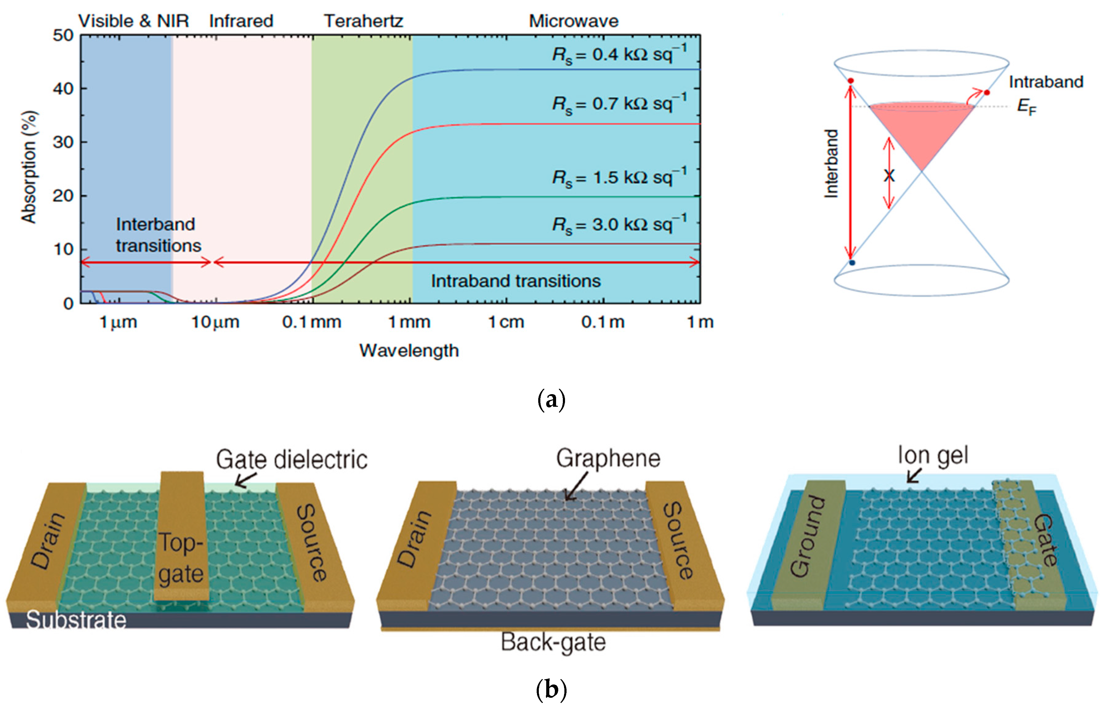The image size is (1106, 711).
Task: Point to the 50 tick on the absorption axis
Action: click(63, 35)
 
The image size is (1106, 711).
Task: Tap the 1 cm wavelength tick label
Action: click(507, 322)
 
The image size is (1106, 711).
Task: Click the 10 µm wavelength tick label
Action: click(216, 322)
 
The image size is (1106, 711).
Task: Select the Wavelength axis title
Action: click(409, 350)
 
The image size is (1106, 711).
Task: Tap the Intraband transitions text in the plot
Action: click(516, 281)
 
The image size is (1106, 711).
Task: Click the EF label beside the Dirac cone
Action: click(1027, 107)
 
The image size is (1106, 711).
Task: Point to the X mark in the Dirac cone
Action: click(889, 176)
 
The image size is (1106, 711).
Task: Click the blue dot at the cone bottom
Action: click(852, 263)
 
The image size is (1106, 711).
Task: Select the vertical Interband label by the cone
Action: click(831, 164)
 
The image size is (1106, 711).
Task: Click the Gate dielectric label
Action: click(292, 460)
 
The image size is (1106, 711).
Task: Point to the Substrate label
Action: click(76, 620)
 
